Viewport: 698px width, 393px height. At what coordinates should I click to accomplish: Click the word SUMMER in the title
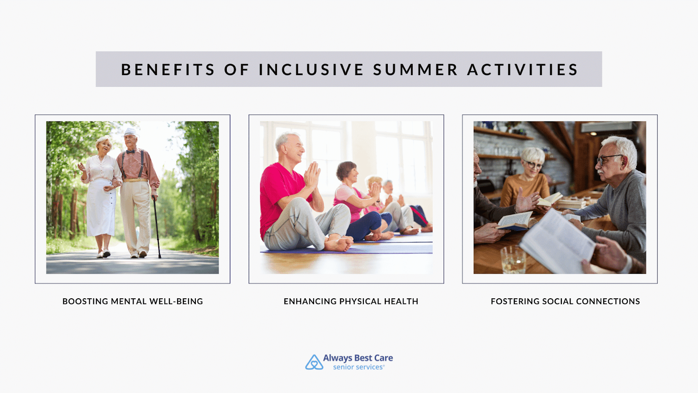(415, 69)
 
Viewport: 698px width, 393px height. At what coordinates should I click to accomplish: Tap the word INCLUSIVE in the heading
(311, 69)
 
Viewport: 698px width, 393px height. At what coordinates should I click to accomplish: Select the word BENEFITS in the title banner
(168, 69)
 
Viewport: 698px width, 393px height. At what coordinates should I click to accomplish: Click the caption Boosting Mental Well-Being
(133, 301)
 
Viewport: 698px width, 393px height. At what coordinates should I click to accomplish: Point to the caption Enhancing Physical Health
(351, 301)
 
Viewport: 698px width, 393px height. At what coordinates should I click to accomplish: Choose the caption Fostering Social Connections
(565, 301)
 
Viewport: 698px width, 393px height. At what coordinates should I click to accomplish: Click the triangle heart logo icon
(314, 362)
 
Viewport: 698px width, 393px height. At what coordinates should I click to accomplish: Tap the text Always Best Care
(358, 358)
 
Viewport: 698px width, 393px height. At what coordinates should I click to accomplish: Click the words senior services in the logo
(358, 367)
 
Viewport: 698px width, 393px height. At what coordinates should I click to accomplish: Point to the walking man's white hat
(130, 132)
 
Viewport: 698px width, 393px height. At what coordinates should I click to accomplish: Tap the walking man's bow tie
(130, 152)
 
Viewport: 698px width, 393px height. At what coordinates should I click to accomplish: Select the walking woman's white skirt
(101, 207)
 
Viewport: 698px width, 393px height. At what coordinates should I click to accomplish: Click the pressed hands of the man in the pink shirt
(312, 176)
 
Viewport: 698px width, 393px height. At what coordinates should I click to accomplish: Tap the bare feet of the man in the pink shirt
(339, 243)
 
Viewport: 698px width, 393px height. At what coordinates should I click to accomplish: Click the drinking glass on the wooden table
(513, 259)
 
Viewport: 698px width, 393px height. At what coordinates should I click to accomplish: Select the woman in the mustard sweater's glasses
(533, 164)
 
